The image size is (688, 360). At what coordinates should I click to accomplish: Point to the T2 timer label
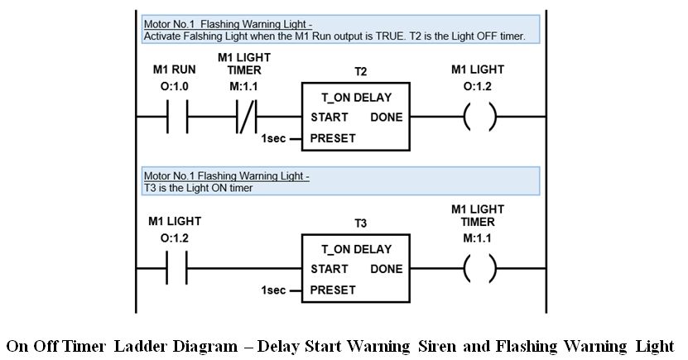(360, 72)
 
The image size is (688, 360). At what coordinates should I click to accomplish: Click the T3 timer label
(360, 223)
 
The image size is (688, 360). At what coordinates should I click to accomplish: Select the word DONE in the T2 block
(386, 117)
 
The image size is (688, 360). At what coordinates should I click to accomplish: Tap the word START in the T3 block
(329, 269)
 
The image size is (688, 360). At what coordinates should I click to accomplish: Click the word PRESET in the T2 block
(333, 138)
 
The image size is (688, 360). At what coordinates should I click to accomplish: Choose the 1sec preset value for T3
(273, 290)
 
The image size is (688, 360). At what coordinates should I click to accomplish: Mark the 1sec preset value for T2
(273, 138)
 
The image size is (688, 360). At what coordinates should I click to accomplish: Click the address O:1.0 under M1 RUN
(174, 86)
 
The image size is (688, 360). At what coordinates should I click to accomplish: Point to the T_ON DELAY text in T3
(356, 249)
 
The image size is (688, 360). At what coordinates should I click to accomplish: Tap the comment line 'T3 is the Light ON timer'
(199, 188)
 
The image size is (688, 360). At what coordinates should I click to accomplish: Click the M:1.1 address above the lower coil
(477, 238)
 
